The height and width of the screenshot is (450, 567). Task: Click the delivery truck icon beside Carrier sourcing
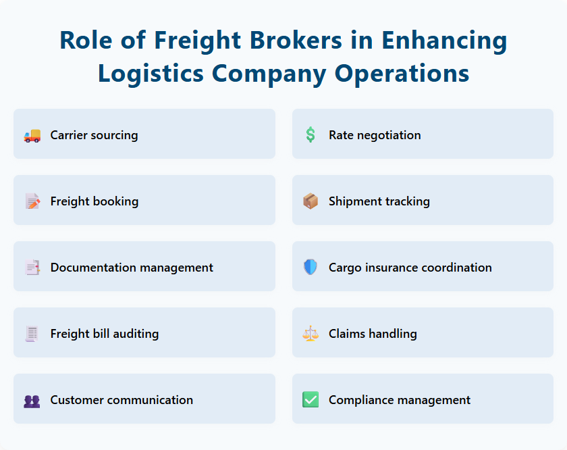32,135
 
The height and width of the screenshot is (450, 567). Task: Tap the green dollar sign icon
310,135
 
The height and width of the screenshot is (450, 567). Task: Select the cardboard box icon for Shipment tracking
310,201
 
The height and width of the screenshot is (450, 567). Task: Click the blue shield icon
310,268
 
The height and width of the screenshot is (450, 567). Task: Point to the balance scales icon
310,334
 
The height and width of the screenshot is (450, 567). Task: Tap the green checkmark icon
310,400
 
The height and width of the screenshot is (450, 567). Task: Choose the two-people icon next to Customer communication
32,400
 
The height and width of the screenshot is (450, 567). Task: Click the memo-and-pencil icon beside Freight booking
32,201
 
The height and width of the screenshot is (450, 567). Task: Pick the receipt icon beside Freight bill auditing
32,334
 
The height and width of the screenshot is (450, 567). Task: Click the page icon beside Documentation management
32,268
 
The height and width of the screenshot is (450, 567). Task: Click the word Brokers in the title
286,41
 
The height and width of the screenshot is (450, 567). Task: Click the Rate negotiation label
375,135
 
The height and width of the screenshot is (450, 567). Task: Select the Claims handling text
373,334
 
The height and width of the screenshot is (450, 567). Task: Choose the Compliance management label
400,400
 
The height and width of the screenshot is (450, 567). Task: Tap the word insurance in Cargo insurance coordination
391,268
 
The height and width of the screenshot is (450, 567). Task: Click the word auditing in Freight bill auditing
135,334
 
